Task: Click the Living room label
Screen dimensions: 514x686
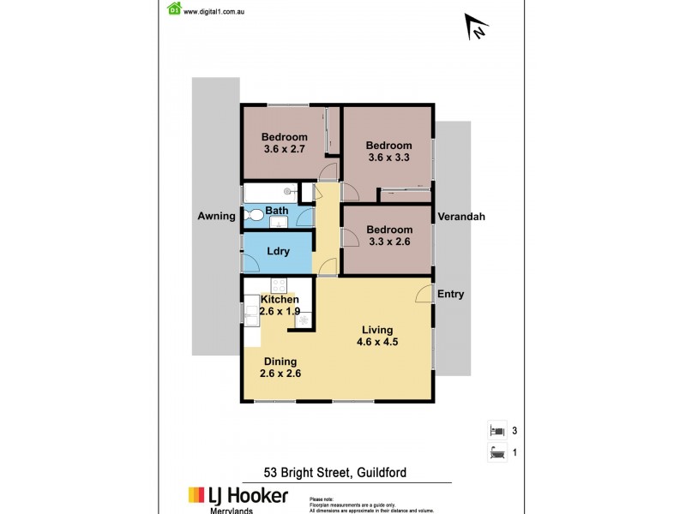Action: tap(377, 330)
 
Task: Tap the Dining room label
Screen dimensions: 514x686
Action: tap(280, 361)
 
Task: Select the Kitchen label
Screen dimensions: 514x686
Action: tap(280, 299)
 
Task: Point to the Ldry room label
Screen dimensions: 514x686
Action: tap(278, 252)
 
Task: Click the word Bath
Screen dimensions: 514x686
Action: tap(276, 211)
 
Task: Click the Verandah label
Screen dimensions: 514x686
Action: tap(462, 217)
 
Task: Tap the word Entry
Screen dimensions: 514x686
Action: tap(451, 295)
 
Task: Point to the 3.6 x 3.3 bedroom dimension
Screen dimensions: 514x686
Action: tap(388, 158)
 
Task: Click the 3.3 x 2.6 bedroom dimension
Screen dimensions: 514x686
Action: tap(389, 242)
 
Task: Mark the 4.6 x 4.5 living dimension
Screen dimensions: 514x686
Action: tap(377, 342)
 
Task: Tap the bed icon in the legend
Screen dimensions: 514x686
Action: tap(496, 430)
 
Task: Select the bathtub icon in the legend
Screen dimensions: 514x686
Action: tap(496, 452)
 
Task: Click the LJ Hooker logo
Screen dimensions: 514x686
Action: tap(238, 496)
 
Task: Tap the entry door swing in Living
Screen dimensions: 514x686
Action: tap(423, 295)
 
